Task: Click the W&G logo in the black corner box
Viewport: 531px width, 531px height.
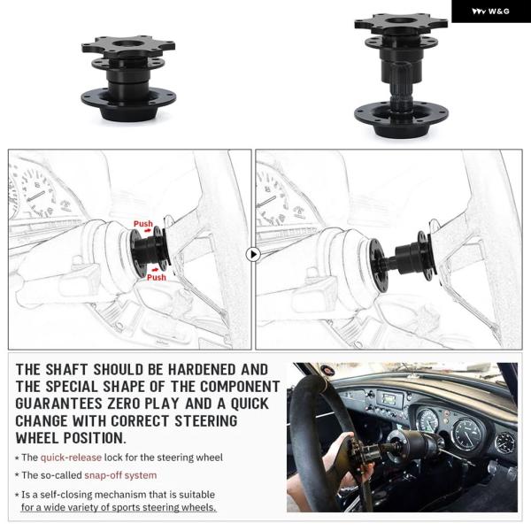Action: coord(490,12)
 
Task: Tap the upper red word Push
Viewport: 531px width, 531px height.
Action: coord(142,224)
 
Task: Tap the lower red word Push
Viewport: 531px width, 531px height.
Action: coord(156,277)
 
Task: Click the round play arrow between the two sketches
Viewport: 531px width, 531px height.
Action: coord(253,254)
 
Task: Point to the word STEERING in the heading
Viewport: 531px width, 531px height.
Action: coord(206,421)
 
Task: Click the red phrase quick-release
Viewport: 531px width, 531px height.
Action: coord(71,458)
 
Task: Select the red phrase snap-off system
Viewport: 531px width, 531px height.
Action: coord(120,475)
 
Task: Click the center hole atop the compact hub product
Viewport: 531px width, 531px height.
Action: coord(128,43)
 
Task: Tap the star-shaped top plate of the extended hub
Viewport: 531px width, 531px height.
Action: coord(401,23)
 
